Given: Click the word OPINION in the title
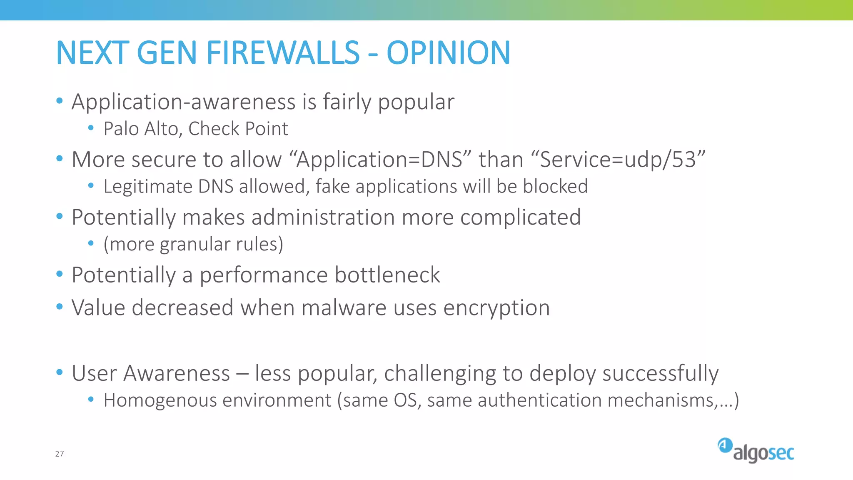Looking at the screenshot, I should [x=448, y=53].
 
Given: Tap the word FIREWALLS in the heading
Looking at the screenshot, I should [x=283, y=53].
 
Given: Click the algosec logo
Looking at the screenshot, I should [x=756, y=450].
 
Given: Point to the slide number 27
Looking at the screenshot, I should [x=60, y=454].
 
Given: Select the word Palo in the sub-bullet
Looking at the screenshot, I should [x=121, y=129].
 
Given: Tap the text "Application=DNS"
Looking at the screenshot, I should [x=379, y=160].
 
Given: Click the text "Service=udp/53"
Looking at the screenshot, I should [x=618, y=160].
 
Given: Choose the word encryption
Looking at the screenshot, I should [x=496, y=308].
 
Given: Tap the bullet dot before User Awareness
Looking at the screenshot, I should [x=60, y=372].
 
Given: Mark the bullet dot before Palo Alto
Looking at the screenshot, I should [x=91, y=128].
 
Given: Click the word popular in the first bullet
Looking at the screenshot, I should [x=416, y=102].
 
